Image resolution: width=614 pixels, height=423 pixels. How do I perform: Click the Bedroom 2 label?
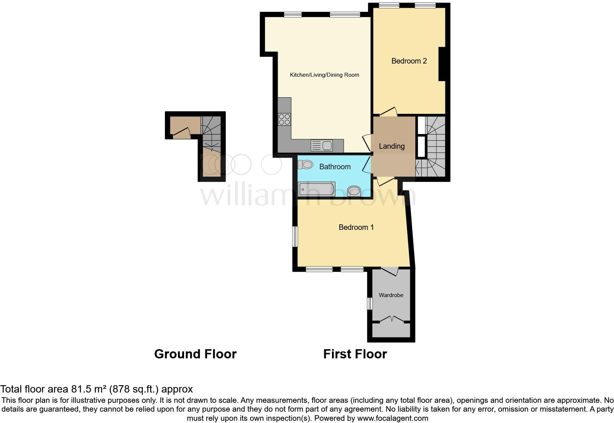409,61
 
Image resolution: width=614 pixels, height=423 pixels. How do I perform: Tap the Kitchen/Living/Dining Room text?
324,75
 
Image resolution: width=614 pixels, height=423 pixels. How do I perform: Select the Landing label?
391,146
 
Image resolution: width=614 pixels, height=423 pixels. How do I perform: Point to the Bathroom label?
335,167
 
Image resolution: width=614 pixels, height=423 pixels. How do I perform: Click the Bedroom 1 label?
356,227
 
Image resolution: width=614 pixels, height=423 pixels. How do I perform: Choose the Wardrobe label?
391,295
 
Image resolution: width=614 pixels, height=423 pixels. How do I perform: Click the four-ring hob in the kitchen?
284,119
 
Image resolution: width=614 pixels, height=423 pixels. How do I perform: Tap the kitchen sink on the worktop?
322,145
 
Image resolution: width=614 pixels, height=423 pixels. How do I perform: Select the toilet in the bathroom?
305,165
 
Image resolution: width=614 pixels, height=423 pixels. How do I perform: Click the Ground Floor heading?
195,354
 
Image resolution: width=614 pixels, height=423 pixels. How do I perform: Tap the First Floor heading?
355,354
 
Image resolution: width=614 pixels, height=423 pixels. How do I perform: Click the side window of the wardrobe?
370,304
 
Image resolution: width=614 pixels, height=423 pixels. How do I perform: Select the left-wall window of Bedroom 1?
295,236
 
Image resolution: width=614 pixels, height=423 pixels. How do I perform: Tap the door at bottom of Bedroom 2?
389,111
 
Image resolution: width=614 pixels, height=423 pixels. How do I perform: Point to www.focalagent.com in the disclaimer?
392,418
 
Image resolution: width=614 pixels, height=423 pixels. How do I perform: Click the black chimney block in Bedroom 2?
442,64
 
